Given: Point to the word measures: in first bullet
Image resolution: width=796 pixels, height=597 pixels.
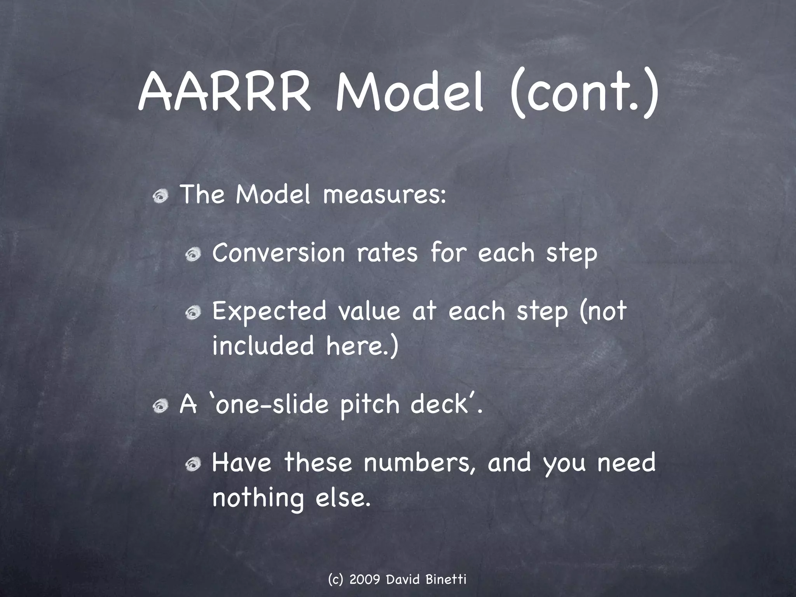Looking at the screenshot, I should coord(384,195).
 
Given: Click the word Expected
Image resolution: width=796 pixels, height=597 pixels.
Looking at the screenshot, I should coord(269,312).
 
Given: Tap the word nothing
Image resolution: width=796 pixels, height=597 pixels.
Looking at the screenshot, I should coord(258,498).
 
